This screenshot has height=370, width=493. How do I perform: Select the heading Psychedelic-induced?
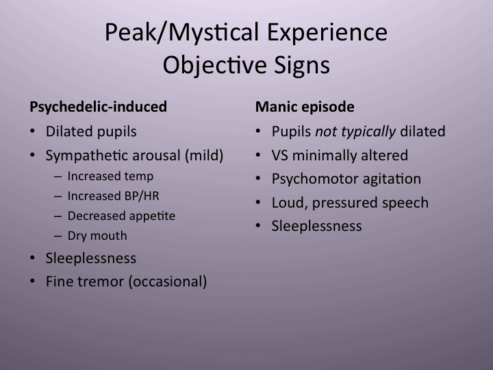[99, 107]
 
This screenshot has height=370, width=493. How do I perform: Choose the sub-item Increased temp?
[110, 176]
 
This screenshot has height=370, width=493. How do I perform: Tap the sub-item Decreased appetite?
[121, 216]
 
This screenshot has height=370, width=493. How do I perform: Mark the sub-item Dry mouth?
[97, 236]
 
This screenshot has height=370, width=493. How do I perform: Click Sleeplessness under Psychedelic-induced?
[91, 258]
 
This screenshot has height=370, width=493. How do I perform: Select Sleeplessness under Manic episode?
[317, 226]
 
